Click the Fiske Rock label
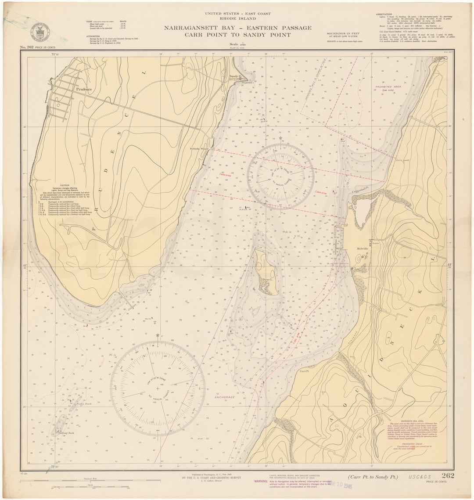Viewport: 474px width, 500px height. pyautogui.click(x=84, y=403)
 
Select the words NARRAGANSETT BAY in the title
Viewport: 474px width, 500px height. pyautogui.click(x=198, y=28)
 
